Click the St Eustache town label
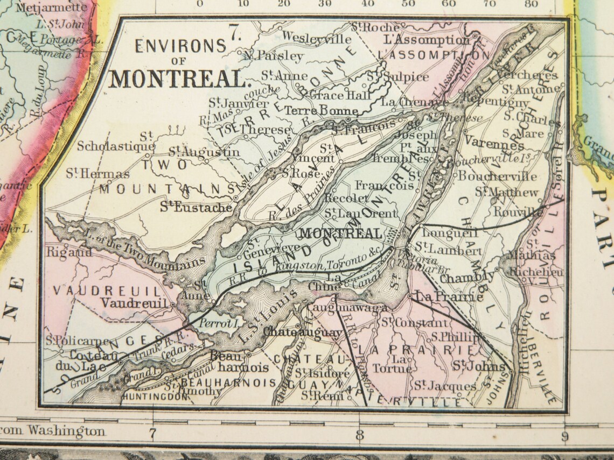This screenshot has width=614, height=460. (x=196, y=207)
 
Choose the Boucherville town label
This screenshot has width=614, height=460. (x=497, y=176)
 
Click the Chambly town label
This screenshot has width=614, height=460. (x=466, y=278)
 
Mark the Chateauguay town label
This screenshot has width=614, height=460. (x=302, y=332)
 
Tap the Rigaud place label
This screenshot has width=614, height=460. (x=63, y=251)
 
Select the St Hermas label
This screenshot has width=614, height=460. (x=97, y=174)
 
